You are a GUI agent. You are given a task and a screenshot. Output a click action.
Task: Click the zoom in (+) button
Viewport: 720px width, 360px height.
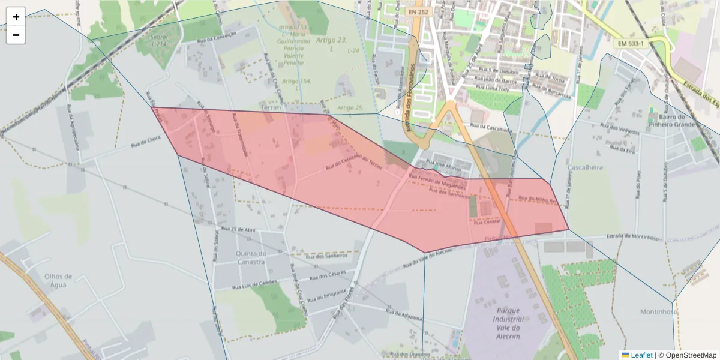click(x=16, y=17)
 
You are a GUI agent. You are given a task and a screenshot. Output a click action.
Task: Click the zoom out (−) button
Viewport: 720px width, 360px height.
click(x=16, y=35)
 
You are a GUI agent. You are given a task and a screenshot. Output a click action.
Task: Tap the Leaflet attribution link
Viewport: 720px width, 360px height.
click(x=637, y=355)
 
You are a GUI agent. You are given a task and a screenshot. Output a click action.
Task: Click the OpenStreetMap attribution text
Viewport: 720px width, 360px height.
click(x=688, y=355)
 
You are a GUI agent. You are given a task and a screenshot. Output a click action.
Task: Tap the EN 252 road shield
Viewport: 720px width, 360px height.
click(x=418, y=11)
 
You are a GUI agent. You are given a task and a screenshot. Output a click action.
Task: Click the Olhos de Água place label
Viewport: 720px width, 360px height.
click(x=58, y=281)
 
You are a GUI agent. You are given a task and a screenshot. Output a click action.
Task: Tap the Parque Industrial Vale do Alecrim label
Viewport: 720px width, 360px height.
click(x=508, y=324)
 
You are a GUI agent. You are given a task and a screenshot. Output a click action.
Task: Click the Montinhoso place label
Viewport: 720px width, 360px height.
click(x=658, y=311)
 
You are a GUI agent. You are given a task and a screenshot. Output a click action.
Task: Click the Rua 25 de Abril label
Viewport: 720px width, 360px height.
click(x=238, y=229)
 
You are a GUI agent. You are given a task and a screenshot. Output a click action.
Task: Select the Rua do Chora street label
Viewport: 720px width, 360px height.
click(x=146, y=145)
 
